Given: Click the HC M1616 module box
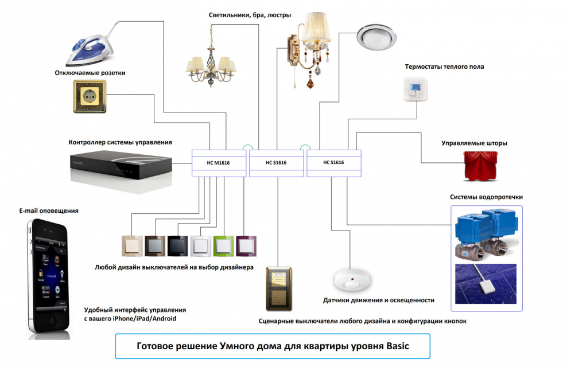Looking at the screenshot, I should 218,162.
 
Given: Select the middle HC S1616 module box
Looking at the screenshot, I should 276,162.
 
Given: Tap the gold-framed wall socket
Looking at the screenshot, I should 90,95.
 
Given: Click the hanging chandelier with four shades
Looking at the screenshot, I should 209,63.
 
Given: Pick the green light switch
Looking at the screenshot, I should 223,246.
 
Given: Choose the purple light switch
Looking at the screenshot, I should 246,246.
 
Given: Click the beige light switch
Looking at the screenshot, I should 132,246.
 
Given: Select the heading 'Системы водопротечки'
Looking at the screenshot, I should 486,197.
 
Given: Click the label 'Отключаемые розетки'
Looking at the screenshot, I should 90,73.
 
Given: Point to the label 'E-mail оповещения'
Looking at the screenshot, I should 49,211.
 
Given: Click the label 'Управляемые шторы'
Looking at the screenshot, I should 474,143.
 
